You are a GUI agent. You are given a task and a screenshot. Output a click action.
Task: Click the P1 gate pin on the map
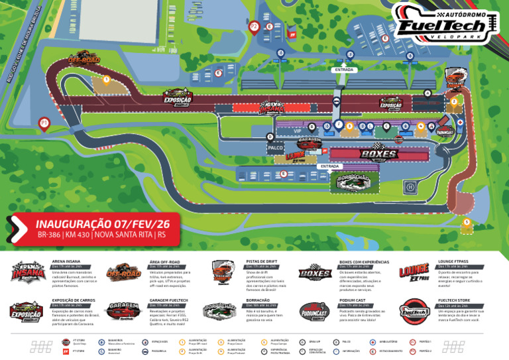pyautogui.click(x=44, y=123)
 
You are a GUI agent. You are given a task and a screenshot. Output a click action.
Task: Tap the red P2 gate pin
pyautogui.click(x=254, y=27)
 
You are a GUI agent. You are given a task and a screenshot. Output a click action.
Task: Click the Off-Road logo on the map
pyautogui.click(x=84, y=60)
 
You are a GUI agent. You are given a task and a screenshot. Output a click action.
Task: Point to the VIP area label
pyautogui.click(x=298, y=131)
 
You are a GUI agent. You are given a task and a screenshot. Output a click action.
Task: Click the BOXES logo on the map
pyautogui.click(x=378, y=154)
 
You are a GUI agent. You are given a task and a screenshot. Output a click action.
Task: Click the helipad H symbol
pyautogui.click(x=410, y=187)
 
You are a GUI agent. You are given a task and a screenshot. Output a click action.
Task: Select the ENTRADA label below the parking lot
pyautogui.click(x=344, y=69)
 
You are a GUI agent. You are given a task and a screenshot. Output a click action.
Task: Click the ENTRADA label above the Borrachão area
pyautogui.click(x=329, y=166)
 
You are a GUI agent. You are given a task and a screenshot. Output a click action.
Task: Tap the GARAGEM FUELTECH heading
pyautogui.click(x=169, y=300)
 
